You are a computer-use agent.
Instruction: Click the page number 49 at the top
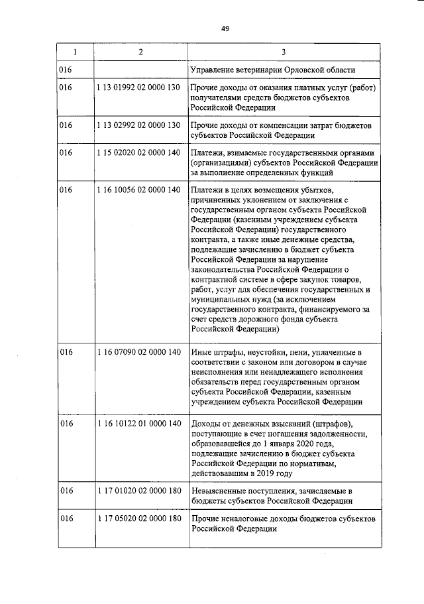pyautogui.click(x=225, y=29)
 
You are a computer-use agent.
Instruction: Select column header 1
pyautogui.click(x=74, y=52)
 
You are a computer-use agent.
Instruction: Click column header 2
pyautogui.click(x=140, y=52)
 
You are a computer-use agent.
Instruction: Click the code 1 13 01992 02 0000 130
pyautogui.click(x=138, y=88)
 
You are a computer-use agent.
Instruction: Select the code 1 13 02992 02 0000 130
pyautogui.click(x=138, y=125)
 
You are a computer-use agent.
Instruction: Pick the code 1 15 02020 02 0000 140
pyautogui.click(x=138, y=153)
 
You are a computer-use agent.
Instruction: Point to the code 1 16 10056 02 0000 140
pyautogui.click(x=138, y=190)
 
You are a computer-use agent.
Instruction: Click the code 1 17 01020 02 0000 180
pyautogui.click(x=138, y=491)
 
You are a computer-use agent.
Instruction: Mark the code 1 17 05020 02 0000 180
pyautogui.click(x=138, y=518)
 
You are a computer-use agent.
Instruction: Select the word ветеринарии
pyautogui.click(x=268, y=70)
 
